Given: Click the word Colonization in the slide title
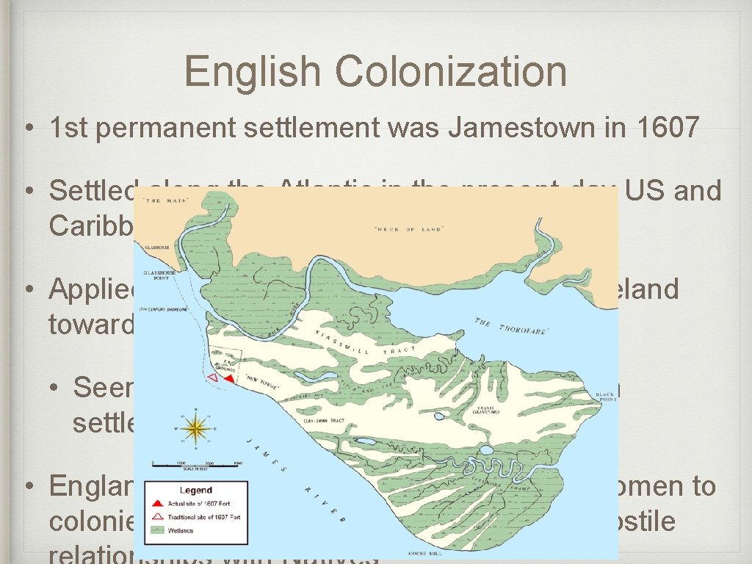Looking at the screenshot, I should click(451, 72).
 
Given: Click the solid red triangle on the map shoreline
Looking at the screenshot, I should click(230, 378).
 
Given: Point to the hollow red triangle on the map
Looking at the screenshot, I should click(212, 377).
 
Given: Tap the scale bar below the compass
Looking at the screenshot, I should click(196, 464).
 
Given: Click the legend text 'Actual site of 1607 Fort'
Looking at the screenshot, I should click(205, 505).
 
